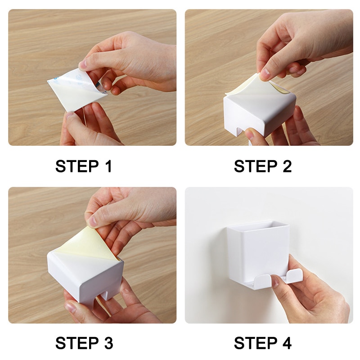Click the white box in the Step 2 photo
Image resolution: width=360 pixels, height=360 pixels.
250,115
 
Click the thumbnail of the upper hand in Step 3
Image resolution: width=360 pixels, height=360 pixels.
93,220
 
